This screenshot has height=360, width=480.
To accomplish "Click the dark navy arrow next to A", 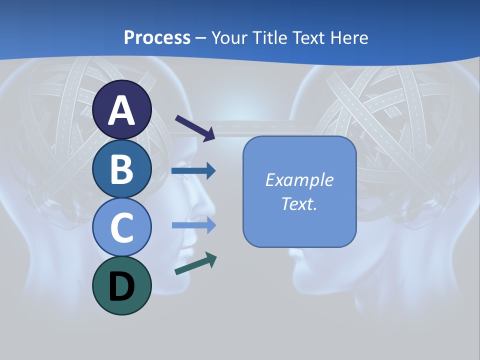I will pyautogui.click(x=195, y=127).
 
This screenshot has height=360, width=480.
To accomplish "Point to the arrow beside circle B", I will pyautogui.click(x=193, y=171).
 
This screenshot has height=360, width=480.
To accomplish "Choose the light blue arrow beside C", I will pyautogui.click(x=194, y=225).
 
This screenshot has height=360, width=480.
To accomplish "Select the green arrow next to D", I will pyautogui.click(x=195, y=264).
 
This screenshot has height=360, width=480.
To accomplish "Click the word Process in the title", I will pyautogui.click(x=157, y=37).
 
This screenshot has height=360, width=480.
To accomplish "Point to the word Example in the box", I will pyautogui.click(x=299, y=180).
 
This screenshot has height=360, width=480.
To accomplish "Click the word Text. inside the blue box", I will pyautogui.click(x=299, y=203).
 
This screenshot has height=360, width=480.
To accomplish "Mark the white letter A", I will pyautogui.click(x=122, y=110).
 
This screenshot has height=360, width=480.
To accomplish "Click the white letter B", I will pyautogui.click(x=122, y=169).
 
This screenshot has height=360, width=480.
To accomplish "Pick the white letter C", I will pyautogui.click(x=122, y=228).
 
